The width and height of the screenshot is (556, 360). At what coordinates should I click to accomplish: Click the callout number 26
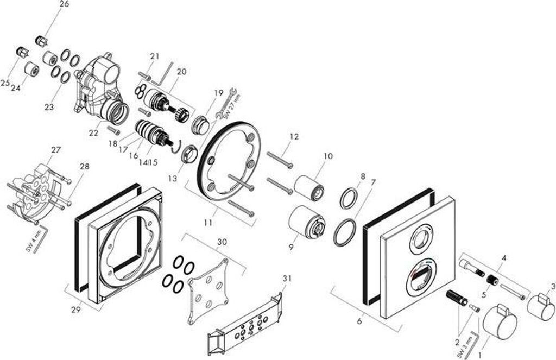tap(64, 4)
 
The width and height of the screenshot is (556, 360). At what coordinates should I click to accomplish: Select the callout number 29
tap(76, 310)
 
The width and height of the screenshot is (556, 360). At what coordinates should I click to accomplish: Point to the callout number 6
tap(359, 321)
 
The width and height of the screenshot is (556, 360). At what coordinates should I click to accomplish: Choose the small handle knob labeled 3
tap(540, 306)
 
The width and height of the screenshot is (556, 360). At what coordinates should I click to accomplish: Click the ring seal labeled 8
tap(349, 198)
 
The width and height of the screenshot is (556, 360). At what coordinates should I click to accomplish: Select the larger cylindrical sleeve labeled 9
tap(306, 223)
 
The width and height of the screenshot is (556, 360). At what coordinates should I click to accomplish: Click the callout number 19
tap(218, 93)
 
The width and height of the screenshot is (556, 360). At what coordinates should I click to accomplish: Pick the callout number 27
tap(56, 150)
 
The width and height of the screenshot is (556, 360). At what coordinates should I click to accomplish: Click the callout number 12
tap(294, 137)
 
